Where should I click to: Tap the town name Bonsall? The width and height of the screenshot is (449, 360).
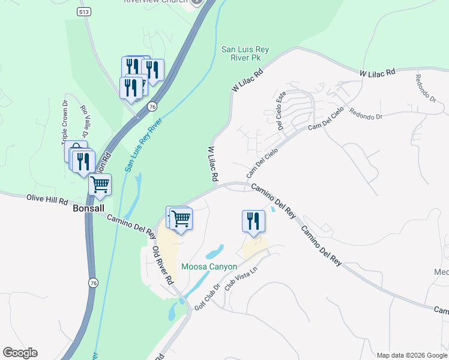(88, 209)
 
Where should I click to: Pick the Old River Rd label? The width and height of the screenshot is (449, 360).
(163, 265)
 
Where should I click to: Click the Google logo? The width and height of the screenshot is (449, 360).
(20, 353)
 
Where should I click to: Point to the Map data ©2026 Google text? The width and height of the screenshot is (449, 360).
(411, 355)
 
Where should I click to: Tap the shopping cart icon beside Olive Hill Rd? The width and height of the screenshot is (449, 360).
(100, 184)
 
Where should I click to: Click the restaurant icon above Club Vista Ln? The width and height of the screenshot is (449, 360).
(253, 220)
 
